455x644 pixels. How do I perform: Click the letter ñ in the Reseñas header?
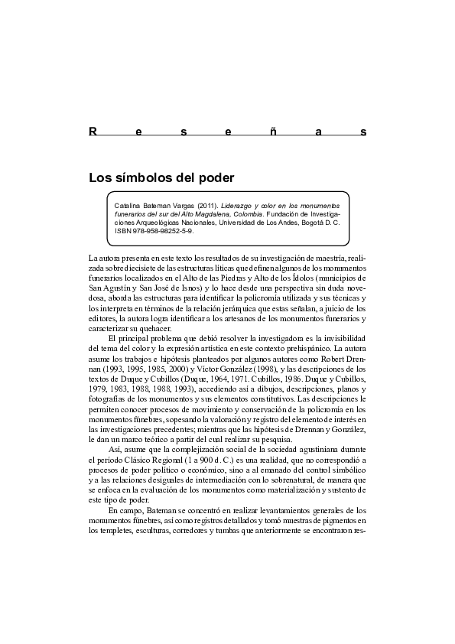tap(274, 132)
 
